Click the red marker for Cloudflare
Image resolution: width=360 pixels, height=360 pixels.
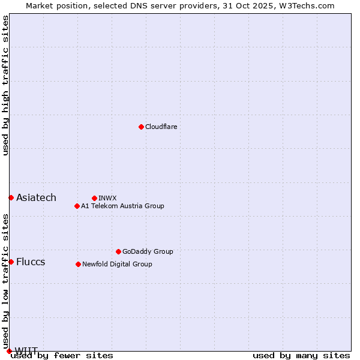click(141, 127)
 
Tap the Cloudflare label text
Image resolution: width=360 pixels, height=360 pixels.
click(161, 127)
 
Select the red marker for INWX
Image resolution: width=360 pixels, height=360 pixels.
click(94, 198)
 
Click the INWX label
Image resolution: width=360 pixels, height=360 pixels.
click(107, 198)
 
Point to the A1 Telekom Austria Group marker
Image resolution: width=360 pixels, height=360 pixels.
click(77, 206)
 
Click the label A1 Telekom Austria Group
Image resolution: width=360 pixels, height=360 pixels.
click(122, 206)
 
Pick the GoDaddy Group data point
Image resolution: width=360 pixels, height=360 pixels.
click(118, 251)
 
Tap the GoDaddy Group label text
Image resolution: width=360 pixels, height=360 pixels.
click(148, 251)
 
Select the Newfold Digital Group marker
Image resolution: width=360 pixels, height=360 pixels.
click(78, 264)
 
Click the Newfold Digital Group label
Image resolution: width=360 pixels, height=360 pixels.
click(117, 264)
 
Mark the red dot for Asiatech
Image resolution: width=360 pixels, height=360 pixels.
click(11, 197)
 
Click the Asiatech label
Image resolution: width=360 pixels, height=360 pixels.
click(36, 197)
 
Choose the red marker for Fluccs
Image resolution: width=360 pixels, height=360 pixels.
click(11, 262)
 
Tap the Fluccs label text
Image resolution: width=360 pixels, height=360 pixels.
click(31, 262)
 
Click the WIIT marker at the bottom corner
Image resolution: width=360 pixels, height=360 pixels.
click(9, 351)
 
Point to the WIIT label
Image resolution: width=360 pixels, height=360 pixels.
click(26, 350)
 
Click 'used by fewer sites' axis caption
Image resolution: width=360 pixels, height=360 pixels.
click(62, 355)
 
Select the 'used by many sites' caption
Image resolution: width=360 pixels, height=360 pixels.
click(301, 355)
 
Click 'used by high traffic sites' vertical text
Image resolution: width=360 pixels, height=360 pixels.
click(6, 85)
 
